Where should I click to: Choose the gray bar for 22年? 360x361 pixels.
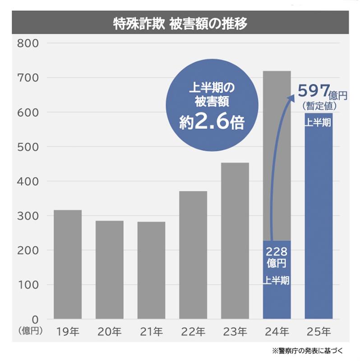[193, 255]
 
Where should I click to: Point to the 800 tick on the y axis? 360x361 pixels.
[28, 43]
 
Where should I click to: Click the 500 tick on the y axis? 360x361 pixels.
[28, 147]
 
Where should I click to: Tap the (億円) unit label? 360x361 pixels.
[30, 330]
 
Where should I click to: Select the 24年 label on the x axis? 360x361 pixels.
[277, 332]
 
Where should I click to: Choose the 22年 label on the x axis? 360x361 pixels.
[193, 332]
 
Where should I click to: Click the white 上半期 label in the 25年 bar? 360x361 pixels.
[318, 123]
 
